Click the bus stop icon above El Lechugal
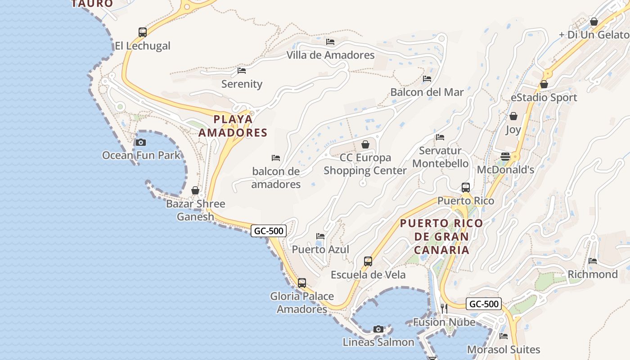(143, 32)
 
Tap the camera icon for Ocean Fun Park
(141, 142)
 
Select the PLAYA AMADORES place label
(233, 126)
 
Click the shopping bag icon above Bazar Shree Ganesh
(195, 190)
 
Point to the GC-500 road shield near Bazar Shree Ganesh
(269, 231)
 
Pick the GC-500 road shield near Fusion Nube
(484, 304)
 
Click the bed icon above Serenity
(242, 71)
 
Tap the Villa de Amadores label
(331, 55)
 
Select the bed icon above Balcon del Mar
(427, 79)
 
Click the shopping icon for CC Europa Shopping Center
(365, 144)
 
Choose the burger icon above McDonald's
(505, 157)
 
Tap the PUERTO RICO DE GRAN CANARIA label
(441, 236)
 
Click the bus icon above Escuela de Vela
(368, 261)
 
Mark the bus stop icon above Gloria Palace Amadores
(302, 283)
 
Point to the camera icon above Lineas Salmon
(378, 329)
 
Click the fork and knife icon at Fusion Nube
(444, 309)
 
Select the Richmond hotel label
(593, 274)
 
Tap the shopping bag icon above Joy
(513, 117)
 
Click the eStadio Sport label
(544, 97)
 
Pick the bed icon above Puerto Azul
(320, 236)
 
